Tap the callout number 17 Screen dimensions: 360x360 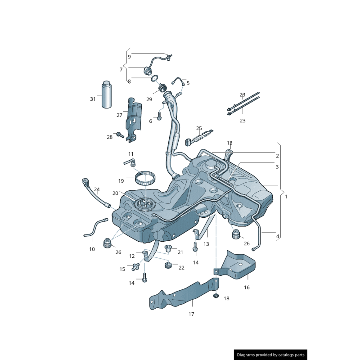(x=191, y=314)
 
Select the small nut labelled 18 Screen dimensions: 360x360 (x=216, y=296)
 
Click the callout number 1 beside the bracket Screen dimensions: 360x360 (x=286, y=197)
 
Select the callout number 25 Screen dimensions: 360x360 (x=199, y=129)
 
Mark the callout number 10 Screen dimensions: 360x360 (x=92, y=249)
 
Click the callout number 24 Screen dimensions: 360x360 (x=97, y=189)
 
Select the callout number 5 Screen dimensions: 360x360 (x=188, y=83)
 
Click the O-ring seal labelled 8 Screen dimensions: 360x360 (x=154, y=78)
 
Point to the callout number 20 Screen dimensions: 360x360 (x=115, y=193)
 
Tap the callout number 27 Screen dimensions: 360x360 (x=119, y=115)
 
